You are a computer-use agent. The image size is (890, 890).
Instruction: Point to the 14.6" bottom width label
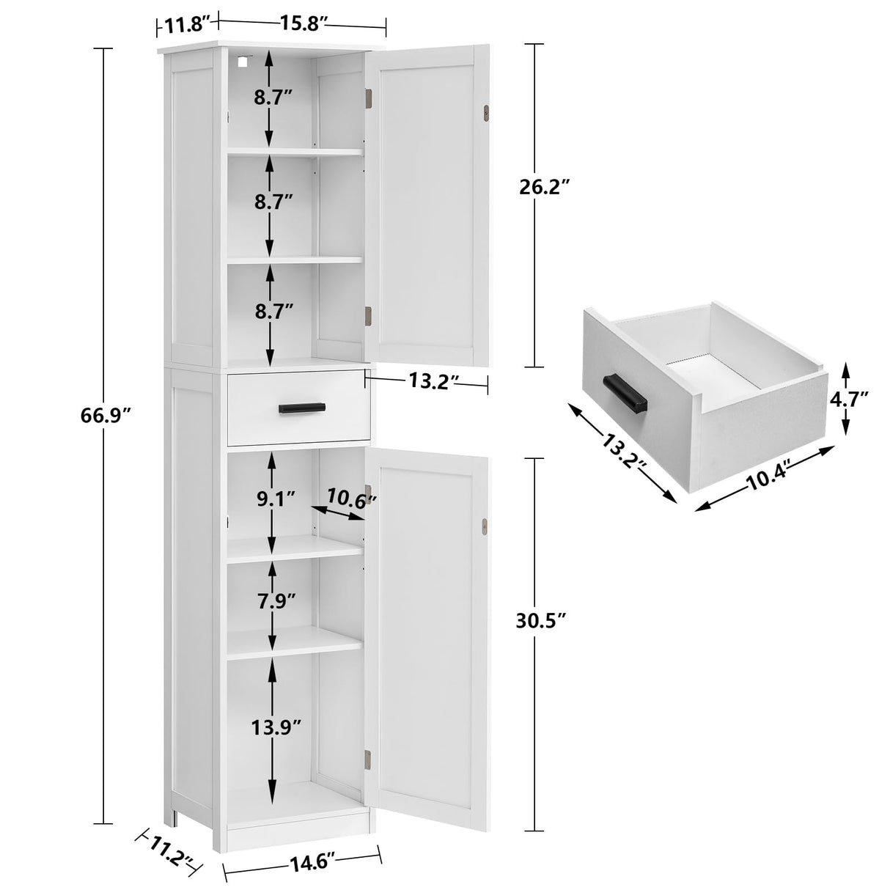coord(303,855)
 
